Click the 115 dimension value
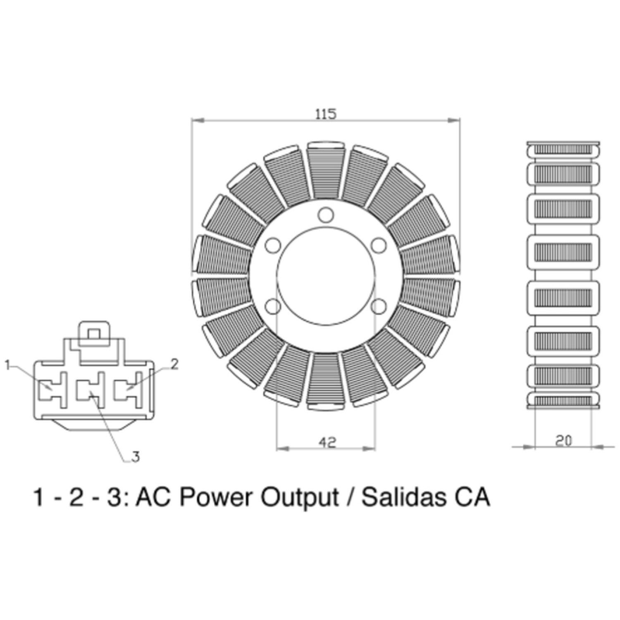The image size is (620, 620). (326, 114)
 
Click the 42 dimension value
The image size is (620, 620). (327, 442)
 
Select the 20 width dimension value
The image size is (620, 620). (563, 441)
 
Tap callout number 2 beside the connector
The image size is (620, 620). (175, 364)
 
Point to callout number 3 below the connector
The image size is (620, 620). (136, 457)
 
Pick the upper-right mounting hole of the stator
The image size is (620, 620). (378, 246)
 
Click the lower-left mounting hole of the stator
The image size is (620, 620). (272, 306)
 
